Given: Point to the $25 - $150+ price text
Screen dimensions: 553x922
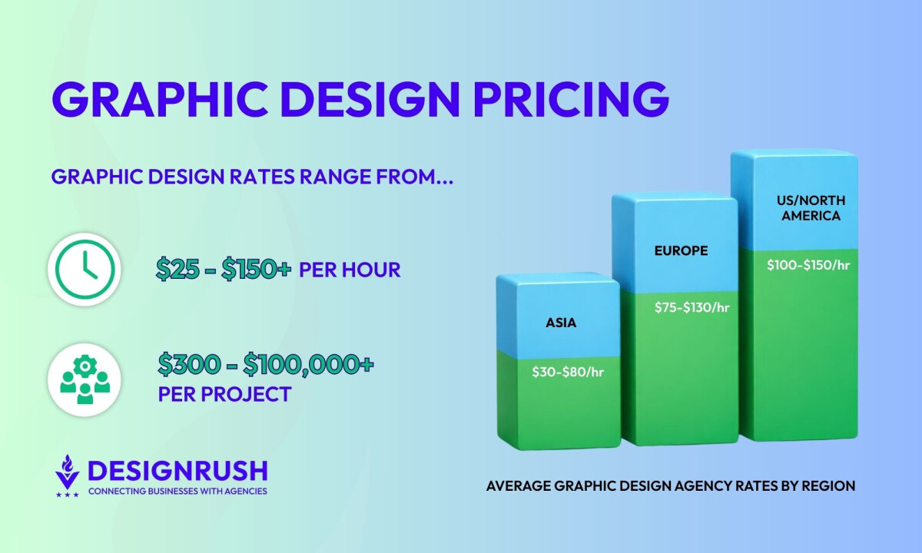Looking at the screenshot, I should [x=224, y=269].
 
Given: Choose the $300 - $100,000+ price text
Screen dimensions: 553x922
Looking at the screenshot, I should [x=266, y=363].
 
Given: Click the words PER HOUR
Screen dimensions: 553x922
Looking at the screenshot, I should [x=350, y=270].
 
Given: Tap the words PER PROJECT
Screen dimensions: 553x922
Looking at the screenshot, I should [x=224, y=395].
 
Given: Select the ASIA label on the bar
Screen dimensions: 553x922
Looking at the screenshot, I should [x=561, y=323].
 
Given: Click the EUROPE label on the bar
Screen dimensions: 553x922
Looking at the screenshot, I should [x=681, y=250].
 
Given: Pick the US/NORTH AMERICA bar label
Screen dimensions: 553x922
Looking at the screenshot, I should [x=811, y=208].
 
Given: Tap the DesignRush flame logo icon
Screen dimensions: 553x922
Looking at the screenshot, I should [x=68, y=474].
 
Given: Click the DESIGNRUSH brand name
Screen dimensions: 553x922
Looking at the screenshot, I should [x=177, y=470].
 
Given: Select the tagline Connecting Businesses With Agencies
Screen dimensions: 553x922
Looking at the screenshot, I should [x=177, y=491].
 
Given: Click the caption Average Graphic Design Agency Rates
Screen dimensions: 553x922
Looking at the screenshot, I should [x=671, y=486].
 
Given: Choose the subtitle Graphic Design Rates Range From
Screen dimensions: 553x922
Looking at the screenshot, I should [x=252, y=177].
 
